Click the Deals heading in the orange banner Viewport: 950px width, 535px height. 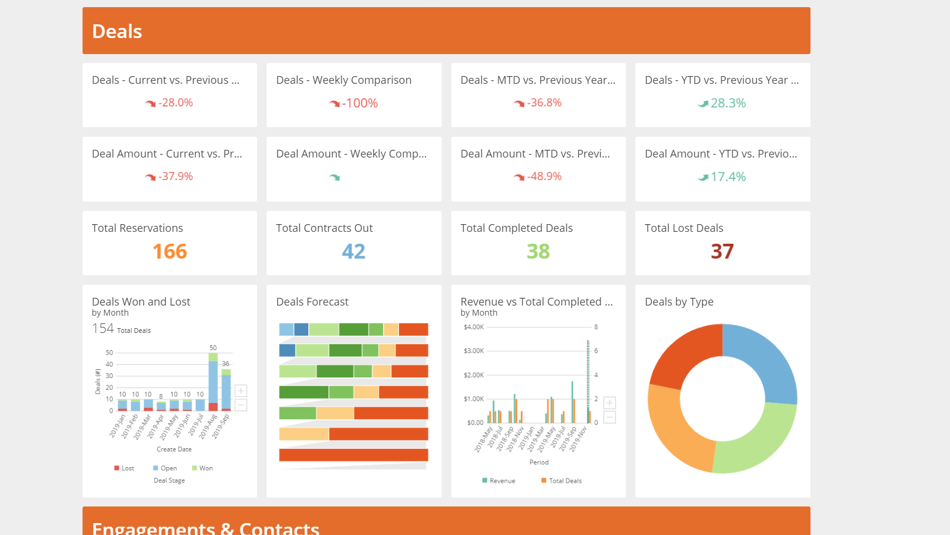tap(117, 32)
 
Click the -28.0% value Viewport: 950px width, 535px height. tap(175, 103)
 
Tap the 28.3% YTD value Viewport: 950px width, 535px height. tap(728, 103)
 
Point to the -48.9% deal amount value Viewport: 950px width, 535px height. tap(544, 177)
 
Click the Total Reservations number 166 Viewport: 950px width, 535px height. tap(170, 251)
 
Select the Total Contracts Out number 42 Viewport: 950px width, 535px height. tap(354, 251)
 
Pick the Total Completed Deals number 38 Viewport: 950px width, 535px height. tap(538, 251)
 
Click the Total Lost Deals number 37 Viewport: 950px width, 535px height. tap(722, 251)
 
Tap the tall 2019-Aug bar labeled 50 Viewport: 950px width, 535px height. tap(213, 380)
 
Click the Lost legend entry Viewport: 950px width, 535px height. tap(125, 468)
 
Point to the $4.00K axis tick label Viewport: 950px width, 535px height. tap(474, 327)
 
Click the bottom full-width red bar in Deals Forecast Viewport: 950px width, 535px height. tap(354, 455)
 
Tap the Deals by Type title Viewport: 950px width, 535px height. tap(679, 302)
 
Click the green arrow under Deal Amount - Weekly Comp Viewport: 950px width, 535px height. tap(335, 177)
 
